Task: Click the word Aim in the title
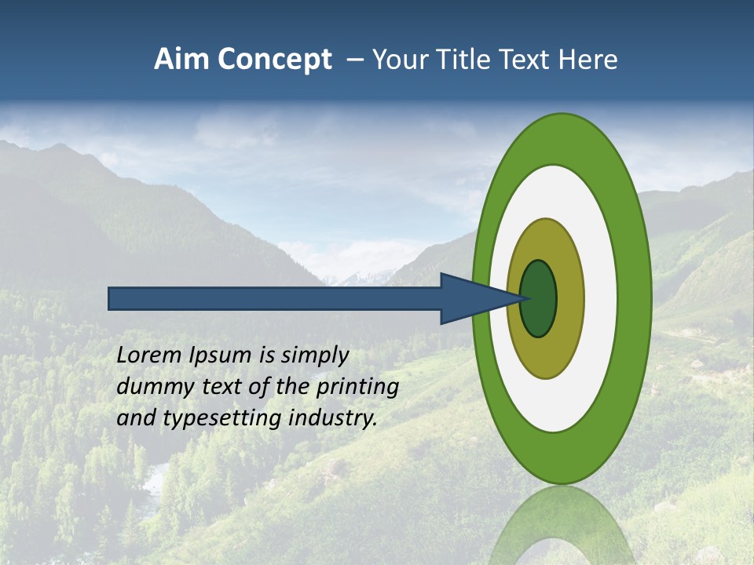(x=181, y=60)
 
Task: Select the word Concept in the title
(x=274, y=60)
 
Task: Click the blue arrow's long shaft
(x=275, y=299)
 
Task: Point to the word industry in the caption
(x=333, y=418)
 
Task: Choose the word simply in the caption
(x=314, y=356)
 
